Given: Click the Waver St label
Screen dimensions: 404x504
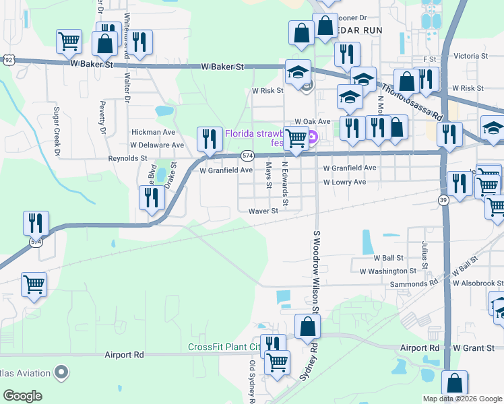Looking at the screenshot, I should pyautogui.click(x=263, y=211).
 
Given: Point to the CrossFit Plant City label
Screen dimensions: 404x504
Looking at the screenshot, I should pyautogui.click(x=224, y=347).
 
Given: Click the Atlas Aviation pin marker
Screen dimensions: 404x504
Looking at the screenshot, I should pyautogui.click(x=61, y=372).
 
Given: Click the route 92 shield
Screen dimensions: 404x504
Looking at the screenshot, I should pyautogui.click(x=7, y=59).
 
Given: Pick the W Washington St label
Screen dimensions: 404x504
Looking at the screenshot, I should pyautogui.click(x=388, y=271).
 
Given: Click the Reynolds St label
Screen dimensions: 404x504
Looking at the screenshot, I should pyautogui.click(x=127, y=158).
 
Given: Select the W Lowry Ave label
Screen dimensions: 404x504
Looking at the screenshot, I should pyautogui.click(x=344, y=182).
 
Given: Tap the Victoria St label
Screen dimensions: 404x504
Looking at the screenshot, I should pyautogui.click(x=470, y=56).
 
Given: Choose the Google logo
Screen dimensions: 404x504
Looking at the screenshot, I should pyautogui.click(x=23, y=395).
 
